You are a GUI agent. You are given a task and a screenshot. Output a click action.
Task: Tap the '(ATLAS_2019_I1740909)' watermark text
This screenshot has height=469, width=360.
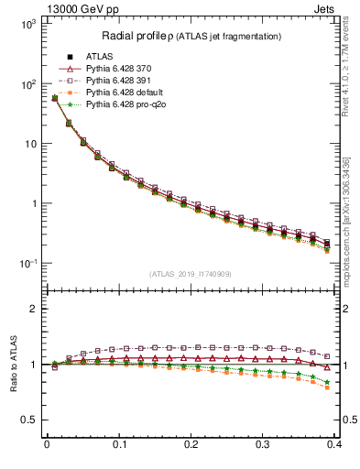[191, 274]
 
